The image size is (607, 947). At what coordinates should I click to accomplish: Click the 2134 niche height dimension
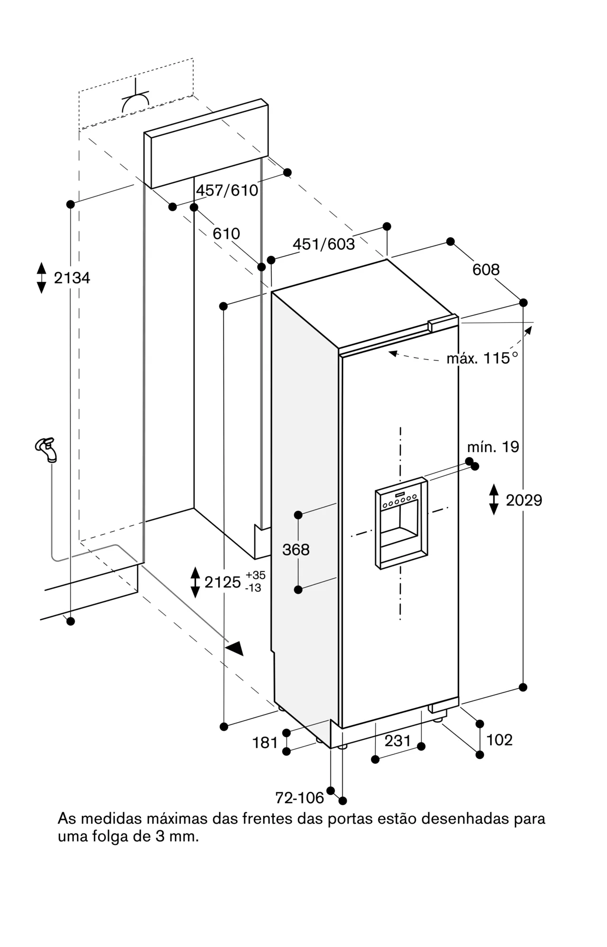click(x=72, y=278)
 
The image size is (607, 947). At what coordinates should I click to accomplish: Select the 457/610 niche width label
click(x=227, y=190)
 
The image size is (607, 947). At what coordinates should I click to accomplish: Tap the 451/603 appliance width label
click(x=323, y=244)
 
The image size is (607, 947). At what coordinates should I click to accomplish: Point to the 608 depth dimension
click(x=486, y=269)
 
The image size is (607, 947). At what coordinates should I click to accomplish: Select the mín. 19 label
click(x=493, y=447)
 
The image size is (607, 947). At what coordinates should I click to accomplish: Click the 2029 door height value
click(x=524, y=500)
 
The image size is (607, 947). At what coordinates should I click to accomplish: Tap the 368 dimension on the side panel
click(x=296, y=550)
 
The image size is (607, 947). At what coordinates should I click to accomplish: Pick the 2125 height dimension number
click(x=223, y=582)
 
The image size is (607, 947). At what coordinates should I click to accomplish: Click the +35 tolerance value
click(x=255, y=575)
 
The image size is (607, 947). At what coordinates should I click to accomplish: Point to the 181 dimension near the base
click(x=265, y=742)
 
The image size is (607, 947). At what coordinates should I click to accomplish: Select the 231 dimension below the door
click(x=397, y=740)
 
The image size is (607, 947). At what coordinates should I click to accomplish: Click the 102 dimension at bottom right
click(x=500, y=740)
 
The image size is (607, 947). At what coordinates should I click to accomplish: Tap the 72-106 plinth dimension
click(x=300, y=798)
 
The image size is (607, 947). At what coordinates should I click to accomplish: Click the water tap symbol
click(x=46, y=448)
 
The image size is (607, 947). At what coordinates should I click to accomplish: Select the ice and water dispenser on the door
click(x=401, y=523)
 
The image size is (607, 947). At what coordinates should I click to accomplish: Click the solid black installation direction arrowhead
click(x=235, y=648)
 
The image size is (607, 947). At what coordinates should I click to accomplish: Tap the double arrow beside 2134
click(x=42, y=278)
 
